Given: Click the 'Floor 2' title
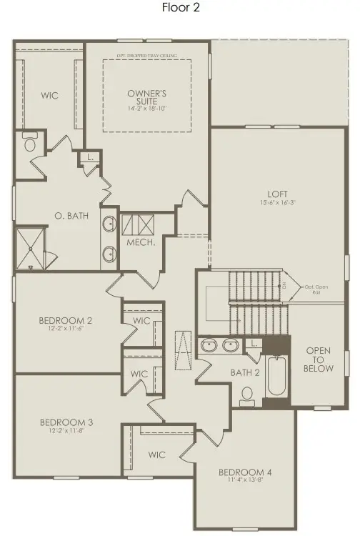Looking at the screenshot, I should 180,9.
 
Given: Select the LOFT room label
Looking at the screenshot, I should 277,194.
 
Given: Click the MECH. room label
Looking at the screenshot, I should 137,242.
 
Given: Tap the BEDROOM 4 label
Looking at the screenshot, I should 245,472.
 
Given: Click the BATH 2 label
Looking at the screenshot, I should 245,372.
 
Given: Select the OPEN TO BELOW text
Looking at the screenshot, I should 319,359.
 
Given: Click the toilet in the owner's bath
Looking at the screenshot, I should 30,144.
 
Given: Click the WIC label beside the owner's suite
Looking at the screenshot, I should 49,95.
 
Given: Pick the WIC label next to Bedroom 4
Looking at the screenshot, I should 157,455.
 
